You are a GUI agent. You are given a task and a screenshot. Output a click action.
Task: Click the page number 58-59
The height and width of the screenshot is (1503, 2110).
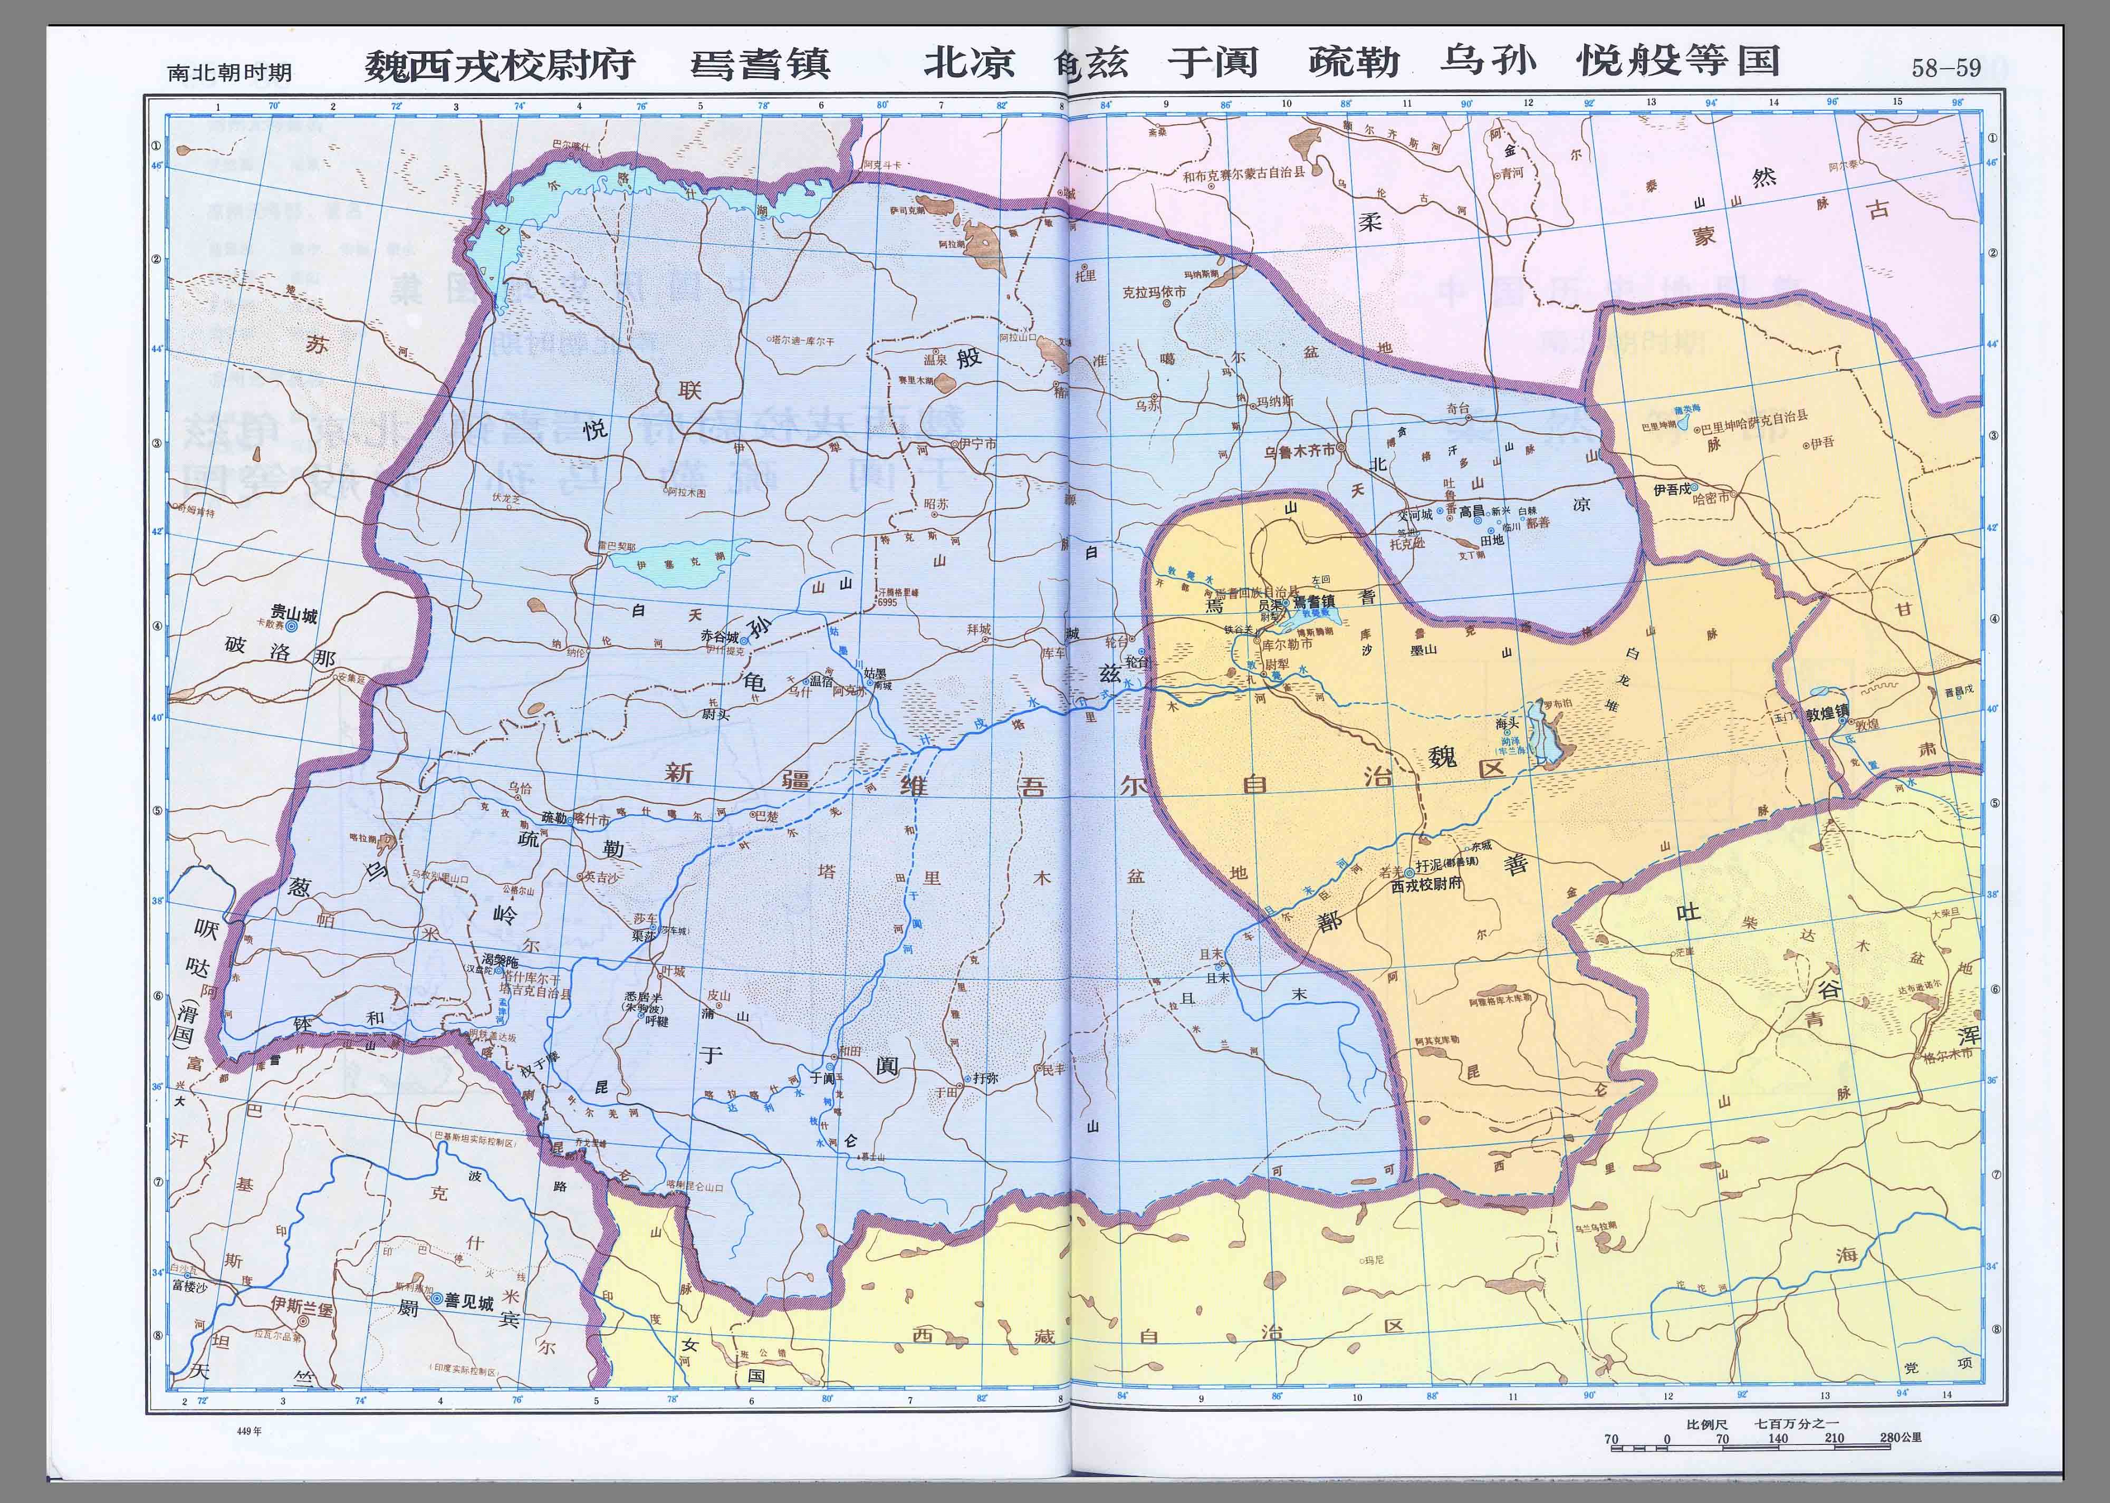pyautogui.click(x=1946, y=68)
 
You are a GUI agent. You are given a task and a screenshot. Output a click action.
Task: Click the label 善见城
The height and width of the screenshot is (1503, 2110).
pyautogui.click(x=468, y=1300)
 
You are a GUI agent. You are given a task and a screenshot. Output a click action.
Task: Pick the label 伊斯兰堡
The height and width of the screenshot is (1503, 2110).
pyautogui.click(x=301, y=1306)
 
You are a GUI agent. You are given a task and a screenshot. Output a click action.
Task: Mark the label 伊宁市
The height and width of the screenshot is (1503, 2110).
pyautogui.click(x=978, y=444)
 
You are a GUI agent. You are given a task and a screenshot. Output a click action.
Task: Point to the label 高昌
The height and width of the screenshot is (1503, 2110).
pyautogui.click(x=1471, y=511)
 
